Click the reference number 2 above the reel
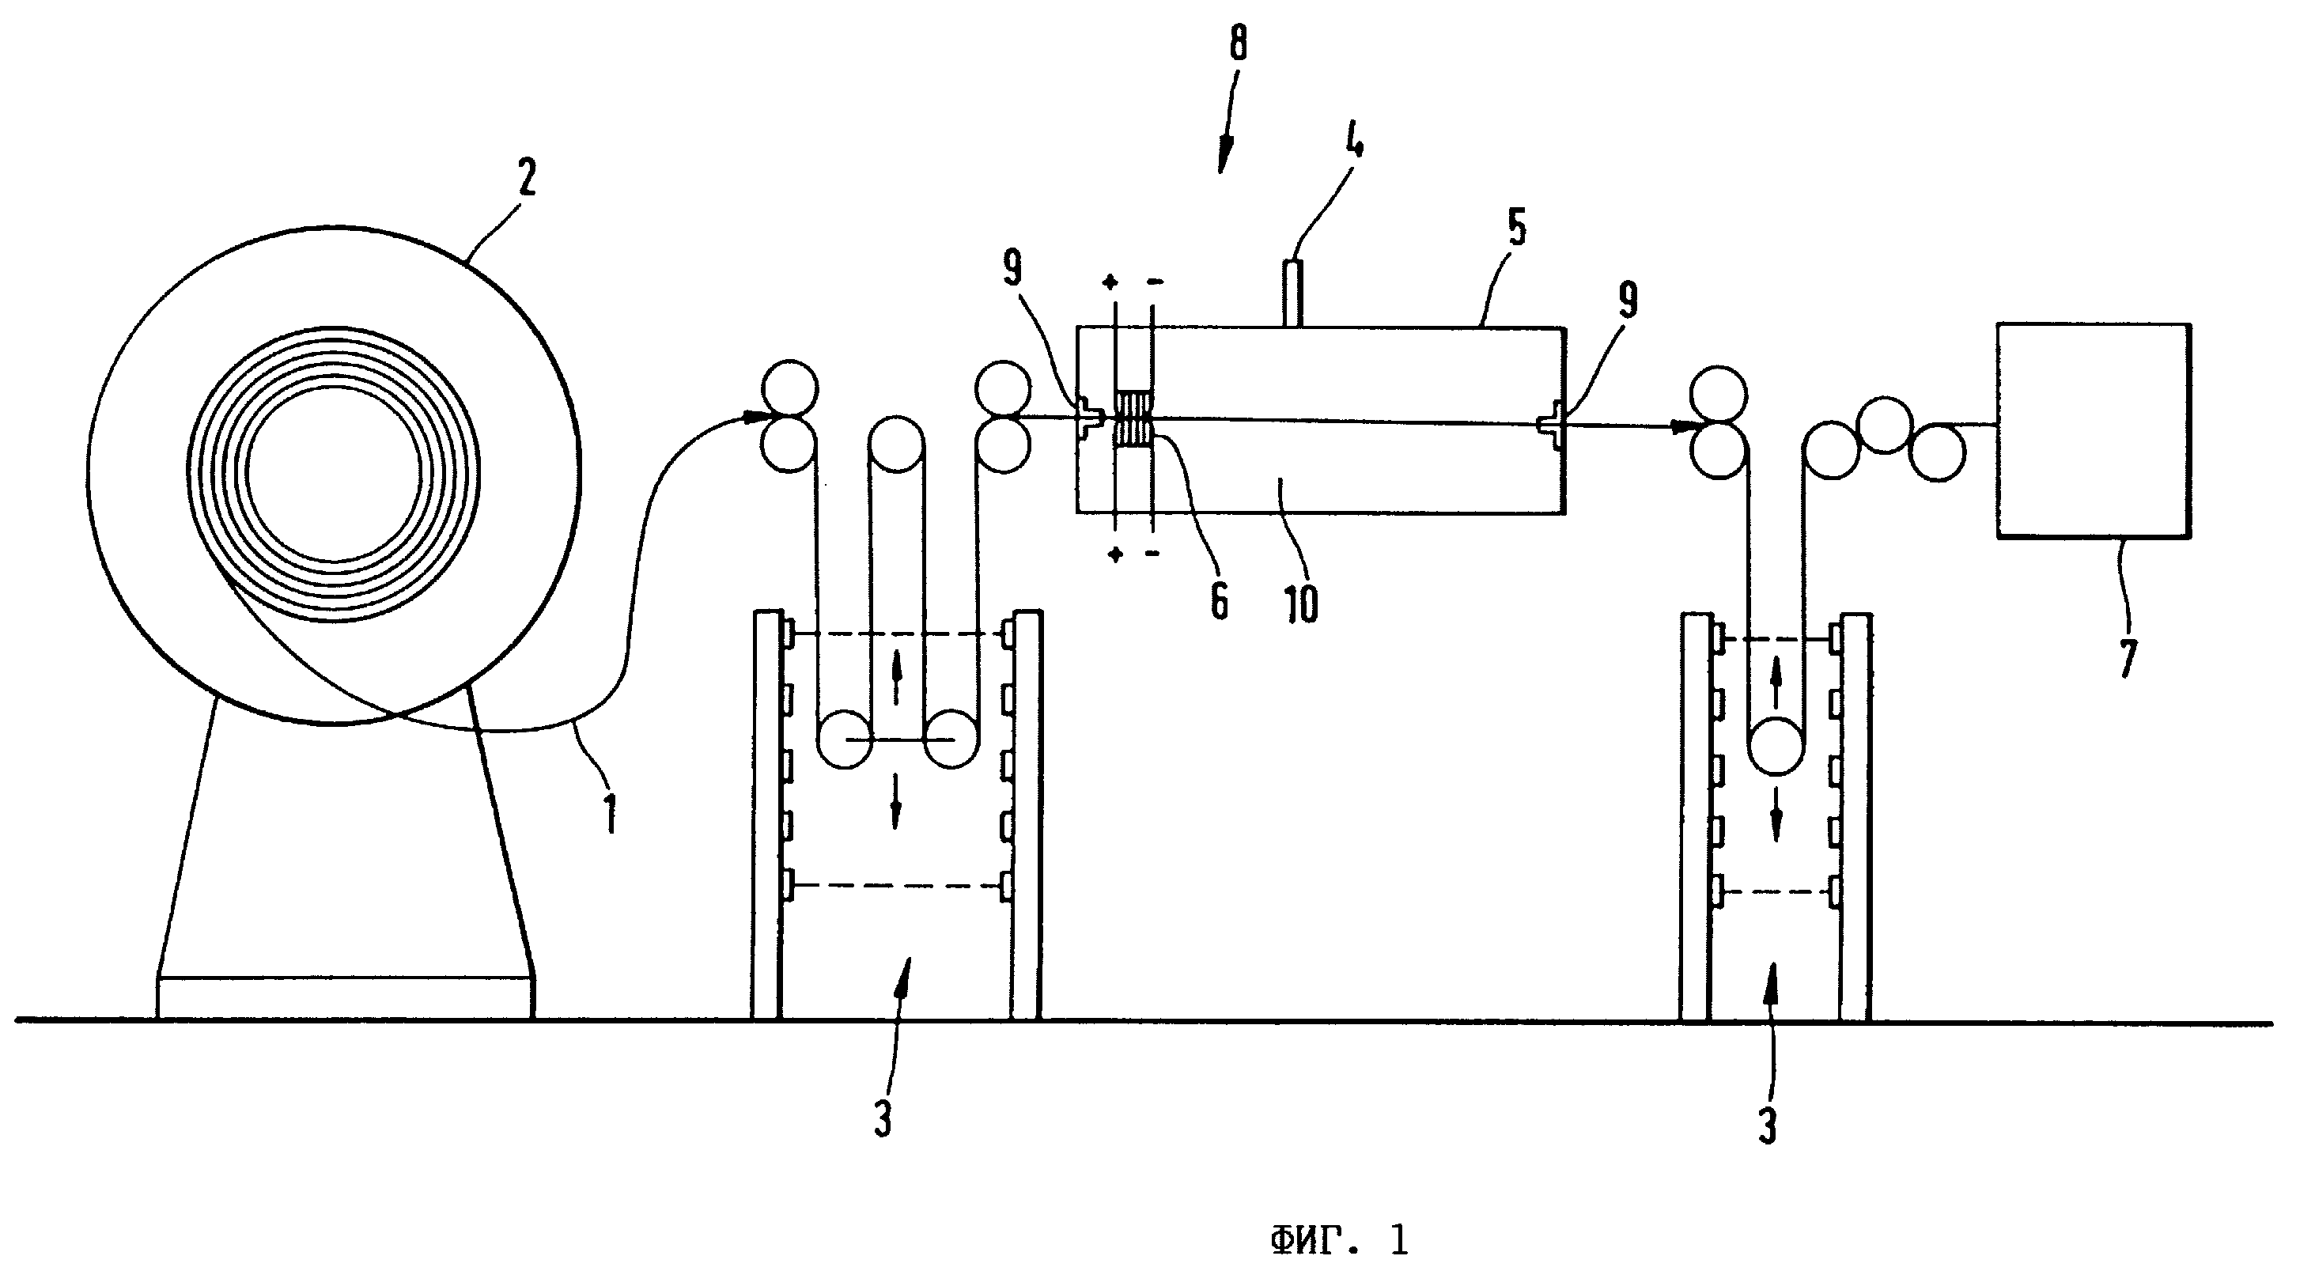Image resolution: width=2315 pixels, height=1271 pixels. pos(526,177)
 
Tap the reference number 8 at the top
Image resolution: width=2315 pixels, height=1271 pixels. pos(1239,41)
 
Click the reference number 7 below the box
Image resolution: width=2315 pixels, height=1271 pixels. pos(2126,657)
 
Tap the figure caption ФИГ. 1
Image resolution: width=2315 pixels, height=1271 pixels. pos(1338,1241)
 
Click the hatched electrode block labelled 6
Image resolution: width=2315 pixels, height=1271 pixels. pos(1133,418)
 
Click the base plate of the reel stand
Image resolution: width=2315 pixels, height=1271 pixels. pos(345,998)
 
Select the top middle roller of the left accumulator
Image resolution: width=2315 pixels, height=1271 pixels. pos(896,444)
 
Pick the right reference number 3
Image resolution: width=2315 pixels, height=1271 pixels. pos(1767,1125)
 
